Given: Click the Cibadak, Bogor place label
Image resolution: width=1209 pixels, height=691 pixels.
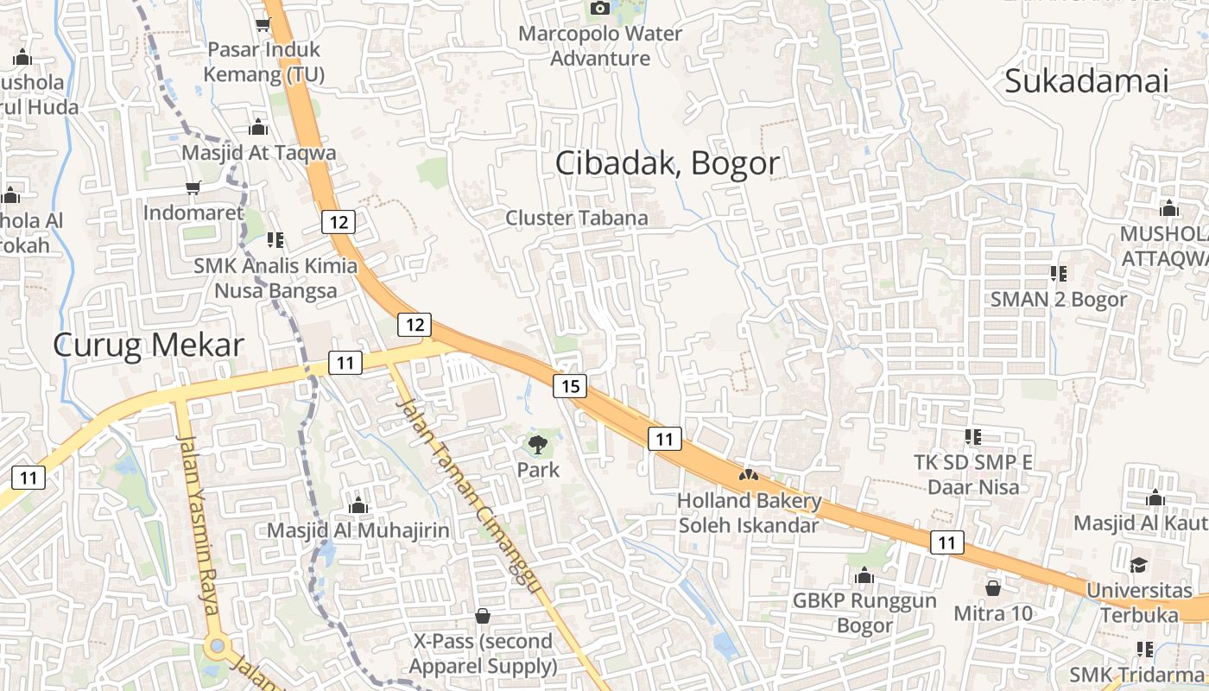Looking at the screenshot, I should [667, 162].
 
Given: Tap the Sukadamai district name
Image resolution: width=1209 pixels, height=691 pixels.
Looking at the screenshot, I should [1086, 81].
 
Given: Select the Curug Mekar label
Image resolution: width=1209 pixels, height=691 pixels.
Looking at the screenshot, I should [149, 345].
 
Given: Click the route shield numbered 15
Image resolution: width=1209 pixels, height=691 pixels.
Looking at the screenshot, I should [570, 385].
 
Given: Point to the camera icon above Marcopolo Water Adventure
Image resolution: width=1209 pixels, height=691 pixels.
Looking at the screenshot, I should [599, 9].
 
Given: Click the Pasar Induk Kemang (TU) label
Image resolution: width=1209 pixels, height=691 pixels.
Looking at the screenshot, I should [264, 62].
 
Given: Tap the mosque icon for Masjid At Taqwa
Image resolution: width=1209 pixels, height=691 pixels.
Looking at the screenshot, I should [258, 129].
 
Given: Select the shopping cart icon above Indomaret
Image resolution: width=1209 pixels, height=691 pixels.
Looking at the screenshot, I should [193, 187].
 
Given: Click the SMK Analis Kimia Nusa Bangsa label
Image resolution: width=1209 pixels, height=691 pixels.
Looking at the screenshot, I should [275, 277].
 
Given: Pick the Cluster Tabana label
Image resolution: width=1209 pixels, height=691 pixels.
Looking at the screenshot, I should [577, 218].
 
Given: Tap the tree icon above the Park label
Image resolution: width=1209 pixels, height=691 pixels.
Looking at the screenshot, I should [538, 445].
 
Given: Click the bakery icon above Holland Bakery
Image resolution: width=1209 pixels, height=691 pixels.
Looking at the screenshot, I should [749, 475].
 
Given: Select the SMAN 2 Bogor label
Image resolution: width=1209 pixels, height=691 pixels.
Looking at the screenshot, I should [1059, 299].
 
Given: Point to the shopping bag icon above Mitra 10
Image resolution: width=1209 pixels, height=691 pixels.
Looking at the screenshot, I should [993, 588].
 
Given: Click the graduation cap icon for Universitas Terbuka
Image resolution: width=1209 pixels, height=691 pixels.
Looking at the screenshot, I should [1139, 566].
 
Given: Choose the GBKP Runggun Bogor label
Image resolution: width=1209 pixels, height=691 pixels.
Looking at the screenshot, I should [864, 612].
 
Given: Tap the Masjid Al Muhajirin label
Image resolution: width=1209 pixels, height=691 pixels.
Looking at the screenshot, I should [358, 529].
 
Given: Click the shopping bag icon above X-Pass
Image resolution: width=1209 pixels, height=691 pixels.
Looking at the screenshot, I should [483, 616].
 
